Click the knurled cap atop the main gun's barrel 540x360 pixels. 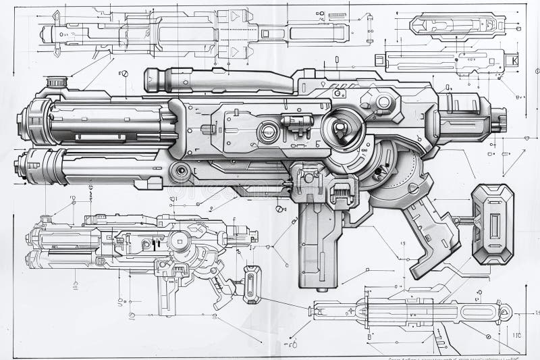point(57,82)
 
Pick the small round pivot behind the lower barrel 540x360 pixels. point(180,172)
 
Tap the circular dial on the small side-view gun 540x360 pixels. point(180,240)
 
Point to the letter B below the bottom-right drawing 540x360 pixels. point(369,336)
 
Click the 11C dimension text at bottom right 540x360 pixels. point(516,334)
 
